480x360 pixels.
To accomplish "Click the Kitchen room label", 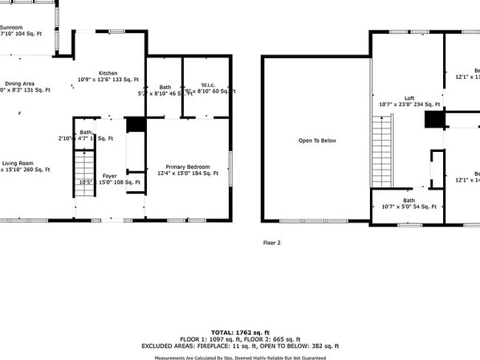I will [x=109, y=73].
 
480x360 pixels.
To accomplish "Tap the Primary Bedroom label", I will [x=188, y=167].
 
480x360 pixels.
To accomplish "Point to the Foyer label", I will [x=109, y=176].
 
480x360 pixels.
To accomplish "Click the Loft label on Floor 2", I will [x=409, y=98].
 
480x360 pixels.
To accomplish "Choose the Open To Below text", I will [x=317, y=140].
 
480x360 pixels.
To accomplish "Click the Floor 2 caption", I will [x=272, y=242].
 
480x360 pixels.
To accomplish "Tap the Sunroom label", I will [x=11, y=27].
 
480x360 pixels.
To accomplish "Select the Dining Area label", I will [x=20, y=84].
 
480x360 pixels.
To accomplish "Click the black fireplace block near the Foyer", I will [x=135, y=125].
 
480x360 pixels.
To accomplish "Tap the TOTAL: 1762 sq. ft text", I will [x=240, y=332].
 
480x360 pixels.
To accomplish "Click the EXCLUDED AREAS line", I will [x=240, y=346].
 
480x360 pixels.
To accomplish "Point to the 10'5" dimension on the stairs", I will [x=85, y=182].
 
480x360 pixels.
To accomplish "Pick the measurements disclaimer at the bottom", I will [x=240, y=358].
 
